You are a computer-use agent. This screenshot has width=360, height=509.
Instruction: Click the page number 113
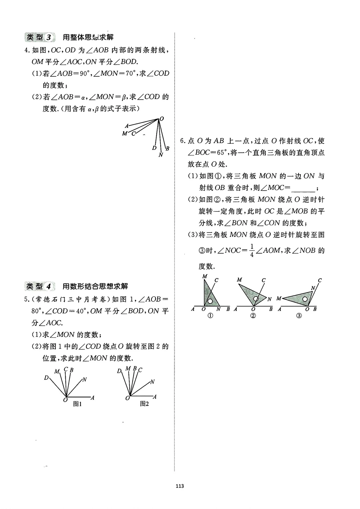[180, 486]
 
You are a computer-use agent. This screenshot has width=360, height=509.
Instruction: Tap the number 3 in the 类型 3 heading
[49, 37]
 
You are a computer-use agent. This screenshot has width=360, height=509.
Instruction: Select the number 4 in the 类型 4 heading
[49, 286]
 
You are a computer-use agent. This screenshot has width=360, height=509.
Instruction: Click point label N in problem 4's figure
[161, 155]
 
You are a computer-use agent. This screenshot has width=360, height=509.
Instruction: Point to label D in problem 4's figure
[154, 148]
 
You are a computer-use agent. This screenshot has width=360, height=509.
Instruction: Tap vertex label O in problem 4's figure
[162, 119]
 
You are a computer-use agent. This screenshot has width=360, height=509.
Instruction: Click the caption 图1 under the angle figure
[77, 404]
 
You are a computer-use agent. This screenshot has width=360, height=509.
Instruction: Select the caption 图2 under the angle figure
[144, 404]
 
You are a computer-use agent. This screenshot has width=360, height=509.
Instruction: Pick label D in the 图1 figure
[46, 378]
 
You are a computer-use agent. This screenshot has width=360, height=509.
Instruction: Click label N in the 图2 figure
[152, 382]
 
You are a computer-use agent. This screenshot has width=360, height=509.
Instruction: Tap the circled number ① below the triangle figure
[210, 316]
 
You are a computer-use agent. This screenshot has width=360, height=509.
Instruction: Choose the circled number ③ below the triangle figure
[299, 316]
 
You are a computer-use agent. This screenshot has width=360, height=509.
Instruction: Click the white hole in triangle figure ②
[256, 299]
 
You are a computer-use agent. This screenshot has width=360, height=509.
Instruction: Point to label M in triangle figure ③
[279, 299]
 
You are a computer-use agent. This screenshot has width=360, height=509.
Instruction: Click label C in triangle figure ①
[216, 280]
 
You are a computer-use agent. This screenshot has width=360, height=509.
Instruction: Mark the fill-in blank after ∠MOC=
[303, 188]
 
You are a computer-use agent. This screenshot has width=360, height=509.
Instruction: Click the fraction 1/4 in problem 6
[252, 250]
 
